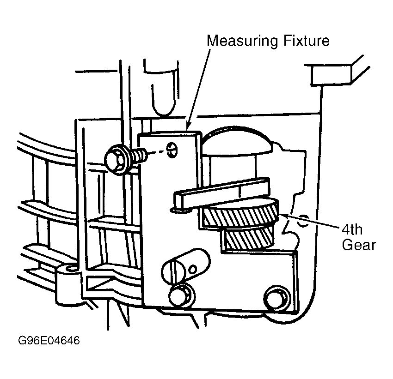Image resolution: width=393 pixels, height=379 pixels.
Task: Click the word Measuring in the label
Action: [x=242, y=41]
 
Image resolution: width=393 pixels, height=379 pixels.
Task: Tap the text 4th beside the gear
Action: [x=352, y=229]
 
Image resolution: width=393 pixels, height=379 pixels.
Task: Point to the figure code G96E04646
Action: [x=49, y=340]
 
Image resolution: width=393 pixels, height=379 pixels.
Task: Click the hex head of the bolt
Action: [x=115, y=160]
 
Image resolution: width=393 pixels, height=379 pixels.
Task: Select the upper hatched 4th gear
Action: [x=240, y=213]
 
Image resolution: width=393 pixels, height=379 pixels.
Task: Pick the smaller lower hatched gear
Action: [x=248, y=238]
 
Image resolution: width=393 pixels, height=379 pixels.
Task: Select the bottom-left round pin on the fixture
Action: [x=179, y=295]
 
